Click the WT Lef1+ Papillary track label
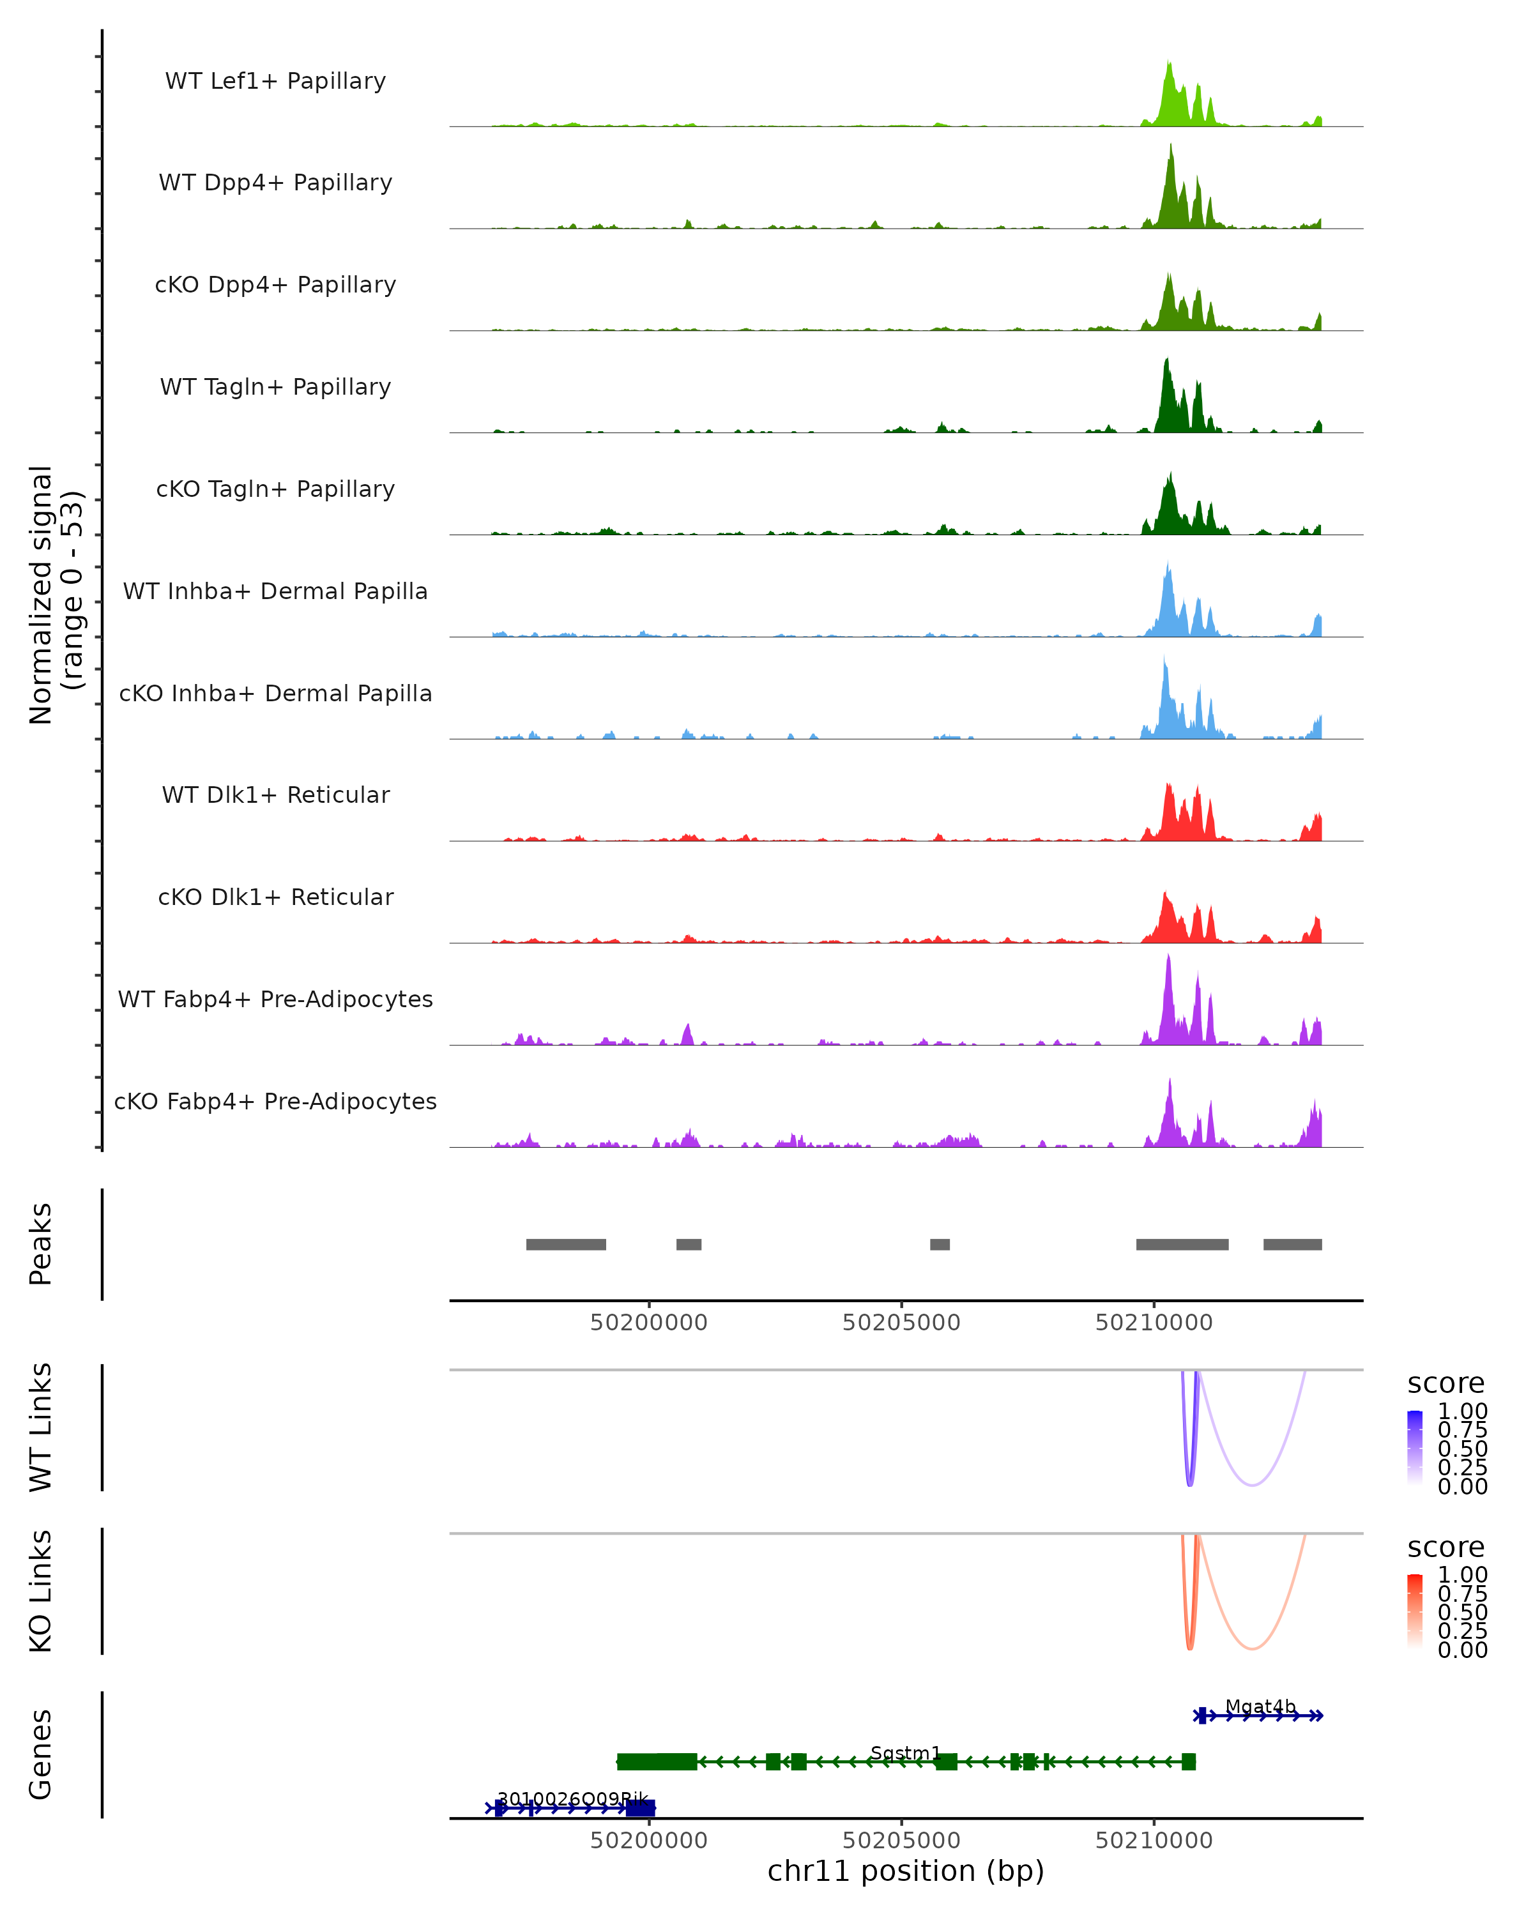tap(275, 81)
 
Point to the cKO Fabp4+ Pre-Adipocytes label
tap(275, 1101)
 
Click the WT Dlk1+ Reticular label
tap(275, 795)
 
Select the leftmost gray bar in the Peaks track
tap(566, 1244)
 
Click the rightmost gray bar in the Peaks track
tap(1292, 1244)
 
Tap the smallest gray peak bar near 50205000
tap(940, 1244)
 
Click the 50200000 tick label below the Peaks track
tap(649, 1323)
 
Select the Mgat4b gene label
tap(1260, 1707)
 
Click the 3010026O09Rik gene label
tap(572, 1800)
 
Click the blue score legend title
tap(1446, 1384)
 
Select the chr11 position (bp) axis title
tap(906, 1871)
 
